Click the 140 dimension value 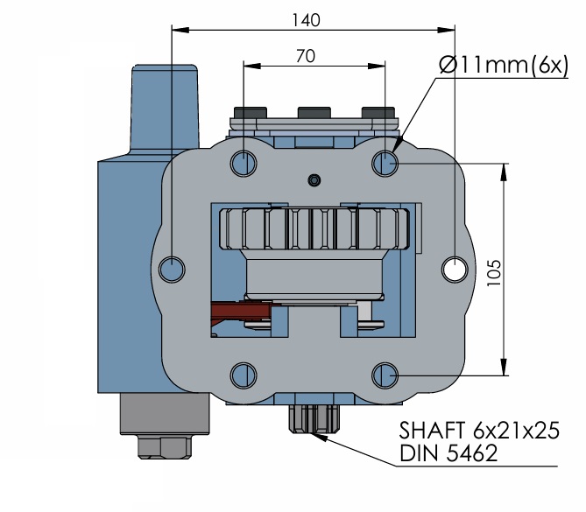[306, 20]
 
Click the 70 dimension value [306, 56]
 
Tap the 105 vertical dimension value [494, 273]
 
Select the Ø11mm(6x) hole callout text [504, 65]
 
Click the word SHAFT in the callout [432, 431]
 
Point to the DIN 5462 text [448, 453]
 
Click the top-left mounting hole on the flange [244, 163]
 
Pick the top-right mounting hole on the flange [385, 163]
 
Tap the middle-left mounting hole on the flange [172, 270]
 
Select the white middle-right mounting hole [455, 270]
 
